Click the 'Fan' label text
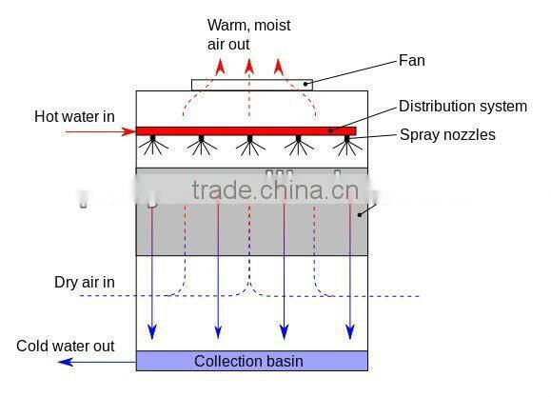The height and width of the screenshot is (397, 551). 411,61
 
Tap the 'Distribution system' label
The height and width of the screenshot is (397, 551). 462,106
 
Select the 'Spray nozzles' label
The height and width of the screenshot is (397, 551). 446,134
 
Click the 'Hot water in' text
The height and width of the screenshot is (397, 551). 74,116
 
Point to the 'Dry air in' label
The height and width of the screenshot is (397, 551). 84,283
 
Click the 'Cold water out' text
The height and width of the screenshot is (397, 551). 65,346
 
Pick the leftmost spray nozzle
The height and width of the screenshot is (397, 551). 151,145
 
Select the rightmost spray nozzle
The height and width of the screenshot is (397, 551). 347,145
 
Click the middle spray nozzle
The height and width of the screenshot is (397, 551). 249,145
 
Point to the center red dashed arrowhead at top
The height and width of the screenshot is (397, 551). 248,65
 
